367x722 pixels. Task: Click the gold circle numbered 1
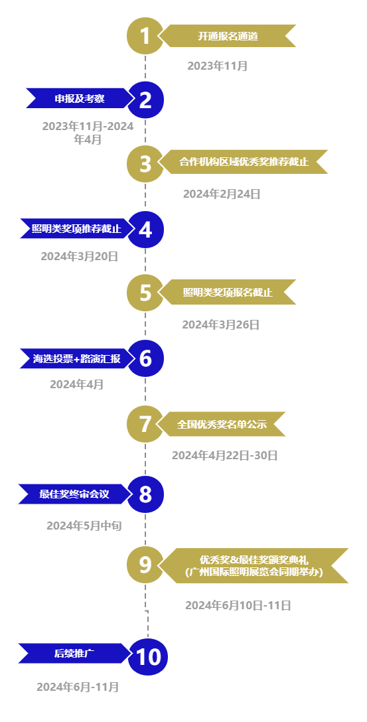tap(145, 36)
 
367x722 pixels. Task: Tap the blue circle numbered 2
tap(145, 100)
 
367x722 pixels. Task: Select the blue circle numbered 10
tap(148, 656)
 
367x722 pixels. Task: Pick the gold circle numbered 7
tap(145, 424)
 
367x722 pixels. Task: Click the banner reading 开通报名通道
tap(228, 36)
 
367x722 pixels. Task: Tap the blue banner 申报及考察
tap(79, 98)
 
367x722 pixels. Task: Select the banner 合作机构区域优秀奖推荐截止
tap(243, 162)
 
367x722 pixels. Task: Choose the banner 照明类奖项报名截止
tap(227, 292)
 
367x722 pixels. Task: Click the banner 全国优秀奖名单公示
tap(222, 424)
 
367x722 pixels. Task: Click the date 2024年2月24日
tap(222, 194)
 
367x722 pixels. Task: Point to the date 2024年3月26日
tap(221, 325)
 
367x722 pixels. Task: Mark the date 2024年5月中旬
tap(84, 526)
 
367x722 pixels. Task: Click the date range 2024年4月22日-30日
tap(225, 455)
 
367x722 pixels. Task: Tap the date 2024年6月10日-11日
tap(238, 605)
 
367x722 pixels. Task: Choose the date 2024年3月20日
tap(80, 256)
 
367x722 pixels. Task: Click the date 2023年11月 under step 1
tap(218, 66)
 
